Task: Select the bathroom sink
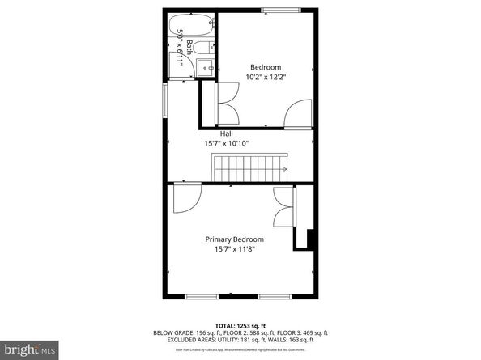coord(206,69)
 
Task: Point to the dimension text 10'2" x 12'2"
coord(266,77)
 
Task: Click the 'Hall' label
coord(227,133)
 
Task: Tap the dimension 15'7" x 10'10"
coord(226,143)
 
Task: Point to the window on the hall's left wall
coord(167,101)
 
